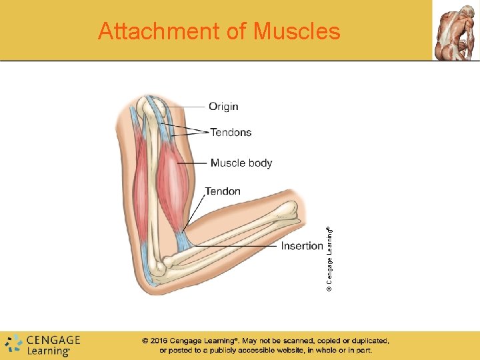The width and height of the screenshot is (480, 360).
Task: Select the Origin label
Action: tap(223, 107)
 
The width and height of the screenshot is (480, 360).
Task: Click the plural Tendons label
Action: tap(231, 132)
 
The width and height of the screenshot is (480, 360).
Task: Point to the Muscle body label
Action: tap(241, 163)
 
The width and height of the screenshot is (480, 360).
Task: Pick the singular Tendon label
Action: tap(223, 191)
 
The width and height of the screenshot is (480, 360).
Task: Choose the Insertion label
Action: tap(302, 246)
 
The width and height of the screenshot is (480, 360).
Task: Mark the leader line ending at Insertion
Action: tap(233, 246)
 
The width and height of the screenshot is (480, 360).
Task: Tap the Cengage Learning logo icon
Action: tap(13, 344)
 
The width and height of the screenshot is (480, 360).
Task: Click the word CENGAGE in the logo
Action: tap(53, 340)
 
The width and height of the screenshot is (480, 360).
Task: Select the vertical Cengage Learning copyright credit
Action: tap(329, 257)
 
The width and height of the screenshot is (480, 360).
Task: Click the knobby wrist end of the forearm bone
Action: tap(291, 211)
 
